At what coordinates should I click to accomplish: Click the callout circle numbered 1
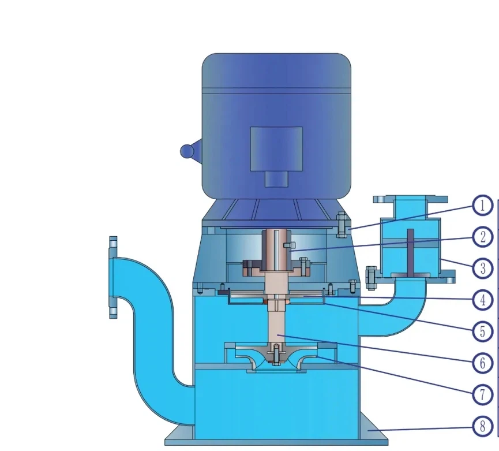tap(482, 206)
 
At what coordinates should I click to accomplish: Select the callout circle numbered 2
tap(482, 237)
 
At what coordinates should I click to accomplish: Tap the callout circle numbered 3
tap(482, 268)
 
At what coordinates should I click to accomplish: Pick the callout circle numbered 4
tap(482, 300)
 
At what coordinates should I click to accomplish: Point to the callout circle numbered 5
tap(482, 331)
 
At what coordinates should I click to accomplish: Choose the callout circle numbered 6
tap(482, 363)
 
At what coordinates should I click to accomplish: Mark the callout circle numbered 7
tap(482, 394)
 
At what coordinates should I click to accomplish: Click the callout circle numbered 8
tap(482, 426)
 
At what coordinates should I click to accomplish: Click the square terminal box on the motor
tap(276, 149)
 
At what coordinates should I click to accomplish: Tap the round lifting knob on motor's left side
tap(187, 151)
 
